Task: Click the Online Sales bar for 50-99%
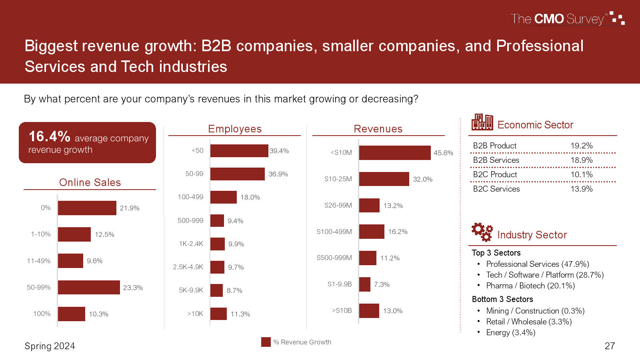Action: pyautogui.click(x=89, y=287)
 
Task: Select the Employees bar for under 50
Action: pyautogui.click(x=239, y=151)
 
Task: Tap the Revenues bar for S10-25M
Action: pyautogui.click(x=384, y=179)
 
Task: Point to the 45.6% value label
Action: pyautogui.click(x=443, y=153)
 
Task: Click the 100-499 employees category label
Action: pyautogui.click(x=190, y=197)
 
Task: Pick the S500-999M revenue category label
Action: pyautogui.click(x=334, y=258)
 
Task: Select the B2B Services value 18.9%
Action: pyautogui.click(x=581, y=160)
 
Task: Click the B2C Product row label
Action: pyautogui.click(x=495, y=174)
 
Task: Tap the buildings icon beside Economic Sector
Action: pyautogui.click(x=482, y=122)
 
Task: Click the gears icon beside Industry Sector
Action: pyautogui.click(x=482, y=232)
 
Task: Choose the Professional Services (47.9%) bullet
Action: pyautogui.click(x=537, y=264)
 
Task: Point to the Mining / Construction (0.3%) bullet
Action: pyautogui.click(x=535, y=311)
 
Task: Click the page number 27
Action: pyautogui.click(x=610, y=346)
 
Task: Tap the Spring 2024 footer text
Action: pyautogui.click(x=50, y=346)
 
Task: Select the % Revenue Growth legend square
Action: pyautogui.click(x=266, y=342)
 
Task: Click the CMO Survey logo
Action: pyautogui.click(x=567, y=19)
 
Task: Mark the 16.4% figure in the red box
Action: pyautogui.click(x=50, y=136)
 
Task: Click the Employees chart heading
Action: pyautogui.click(x=235, y=129)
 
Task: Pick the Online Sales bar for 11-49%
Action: pyautogui.click(x=70, y=261)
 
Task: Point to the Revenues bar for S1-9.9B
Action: pyautogui.click(x=365, y=284)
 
